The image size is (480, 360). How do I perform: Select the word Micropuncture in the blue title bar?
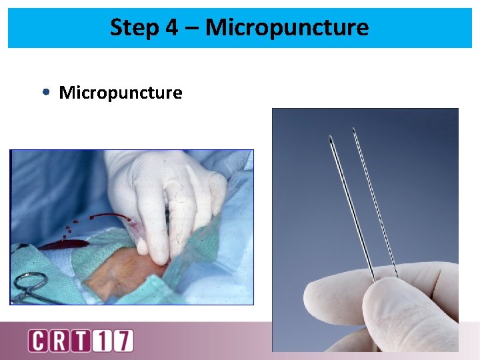coord(287,28)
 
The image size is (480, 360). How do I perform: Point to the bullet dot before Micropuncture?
coord(45,93)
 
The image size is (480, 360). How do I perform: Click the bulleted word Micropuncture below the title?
coord(120,93)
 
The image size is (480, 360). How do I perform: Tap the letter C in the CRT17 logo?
coord(39,341)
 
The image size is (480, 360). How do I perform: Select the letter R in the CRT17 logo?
coord(59,341)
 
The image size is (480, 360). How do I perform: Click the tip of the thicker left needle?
coord(331,139)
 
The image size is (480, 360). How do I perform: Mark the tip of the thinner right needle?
coord(354,129)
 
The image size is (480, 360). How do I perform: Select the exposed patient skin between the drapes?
coord(120,280)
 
